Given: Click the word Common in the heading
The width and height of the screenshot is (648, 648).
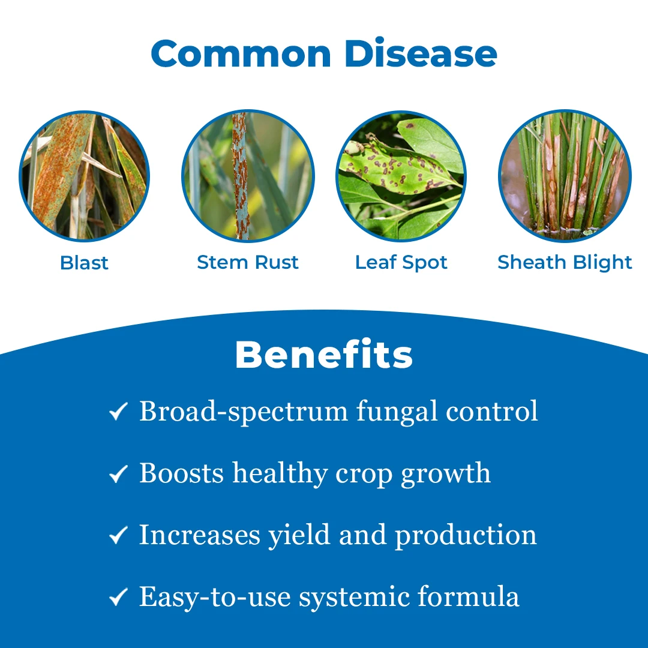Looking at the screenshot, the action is coord(241,53).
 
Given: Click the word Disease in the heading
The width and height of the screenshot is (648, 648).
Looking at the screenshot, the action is coord(421,53).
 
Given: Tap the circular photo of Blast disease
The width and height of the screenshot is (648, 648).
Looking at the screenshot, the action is coord(85,176).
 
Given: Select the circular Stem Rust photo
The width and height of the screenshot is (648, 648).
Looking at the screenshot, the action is coord(248,176).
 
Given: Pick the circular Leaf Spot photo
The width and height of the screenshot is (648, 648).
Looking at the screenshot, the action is coord(401,176).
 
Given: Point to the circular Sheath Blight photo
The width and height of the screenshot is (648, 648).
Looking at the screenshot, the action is coord(565,176).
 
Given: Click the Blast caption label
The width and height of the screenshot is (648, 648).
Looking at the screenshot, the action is coord(85,263).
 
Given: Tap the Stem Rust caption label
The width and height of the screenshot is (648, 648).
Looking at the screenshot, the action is coord(248,262).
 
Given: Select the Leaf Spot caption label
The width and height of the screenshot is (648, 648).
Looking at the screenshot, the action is coord(401,263).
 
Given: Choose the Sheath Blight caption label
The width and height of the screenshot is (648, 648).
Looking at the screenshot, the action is coord(565,263).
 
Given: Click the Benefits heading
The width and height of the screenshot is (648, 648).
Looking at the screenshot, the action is coord(324,354).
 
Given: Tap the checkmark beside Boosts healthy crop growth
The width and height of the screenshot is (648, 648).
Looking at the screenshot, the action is coord(118,473).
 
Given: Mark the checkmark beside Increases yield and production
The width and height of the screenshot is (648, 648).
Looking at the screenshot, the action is coord(118,535).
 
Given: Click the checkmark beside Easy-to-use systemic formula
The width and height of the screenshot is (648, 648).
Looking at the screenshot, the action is coord(118,597).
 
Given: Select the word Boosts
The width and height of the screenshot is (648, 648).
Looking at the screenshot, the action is coord(181,473).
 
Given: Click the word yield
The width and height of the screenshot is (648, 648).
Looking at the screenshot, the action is coord(299,536).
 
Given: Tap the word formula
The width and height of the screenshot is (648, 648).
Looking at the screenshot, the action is coord(468,596).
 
